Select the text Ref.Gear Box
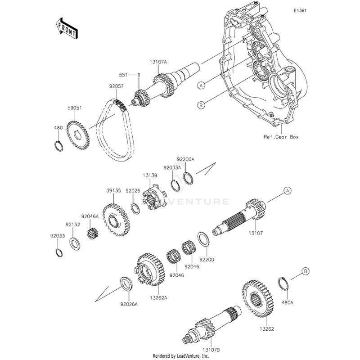(x=281, y=136)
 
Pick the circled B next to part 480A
(x=305, y=271)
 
